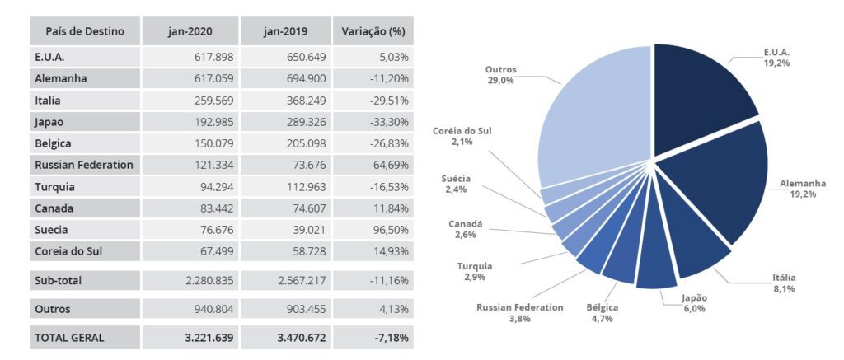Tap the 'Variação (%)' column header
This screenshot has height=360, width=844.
pyautogui.click(x=373, y=31)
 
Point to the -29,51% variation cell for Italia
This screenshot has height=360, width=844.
pyautogui.click(x=387, y=101)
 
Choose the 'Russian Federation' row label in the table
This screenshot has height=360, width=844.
pyautogui.click(x=84, y=165)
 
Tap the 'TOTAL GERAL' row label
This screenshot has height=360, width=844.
pyautogui.click(x=69, y=338)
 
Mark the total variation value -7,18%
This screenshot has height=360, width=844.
pyautogui.click(x=390, y=338)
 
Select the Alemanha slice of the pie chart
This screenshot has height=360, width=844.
pyautogui.click(x=717, y=185)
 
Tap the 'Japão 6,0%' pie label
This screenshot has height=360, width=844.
pyautogui.click(x=694, y=303)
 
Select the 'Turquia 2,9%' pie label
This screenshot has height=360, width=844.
pyautogui.click(x=474, y=273)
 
